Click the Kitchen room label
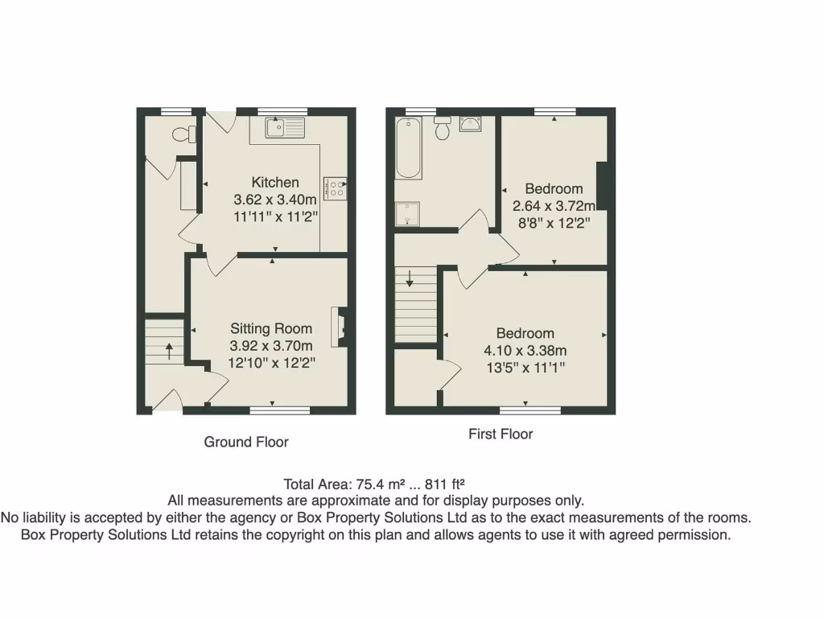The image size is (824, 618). coord(275,183)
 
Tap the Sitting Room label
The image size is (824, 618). coord(271,328)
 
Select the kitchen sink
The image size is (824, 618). coord(285,127)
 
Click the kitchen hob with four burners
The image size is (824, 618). coord(335,188)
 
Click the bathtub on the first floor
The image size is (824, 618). coord(409,148)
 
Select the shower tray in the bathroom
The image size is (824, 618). coord(407,214)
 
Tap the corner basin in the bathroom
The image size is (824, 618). coord(469,124)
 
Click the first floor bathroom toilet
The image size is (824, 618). coord(442,127)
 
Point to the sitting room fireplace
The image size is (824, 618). coord(340,327)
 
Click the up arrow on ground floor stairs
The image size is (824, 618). coord(170,349)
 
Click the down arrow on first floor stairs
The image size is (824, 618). coord(410,279)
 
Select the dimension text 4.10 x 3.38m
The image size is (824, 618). coord(525,351)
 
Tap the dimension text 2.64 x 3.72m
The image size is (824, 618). coord(554,206)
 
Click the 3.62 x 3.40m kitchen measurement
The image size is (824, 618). coord(274,200)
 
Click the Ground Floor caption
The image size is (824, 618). coord(245,442)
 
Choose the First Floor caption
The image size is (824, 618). coord(501,434)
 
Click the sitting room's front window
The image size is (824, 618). coord(279,410)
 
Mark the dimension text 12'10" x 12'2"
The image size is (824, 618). coord(272,363)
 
